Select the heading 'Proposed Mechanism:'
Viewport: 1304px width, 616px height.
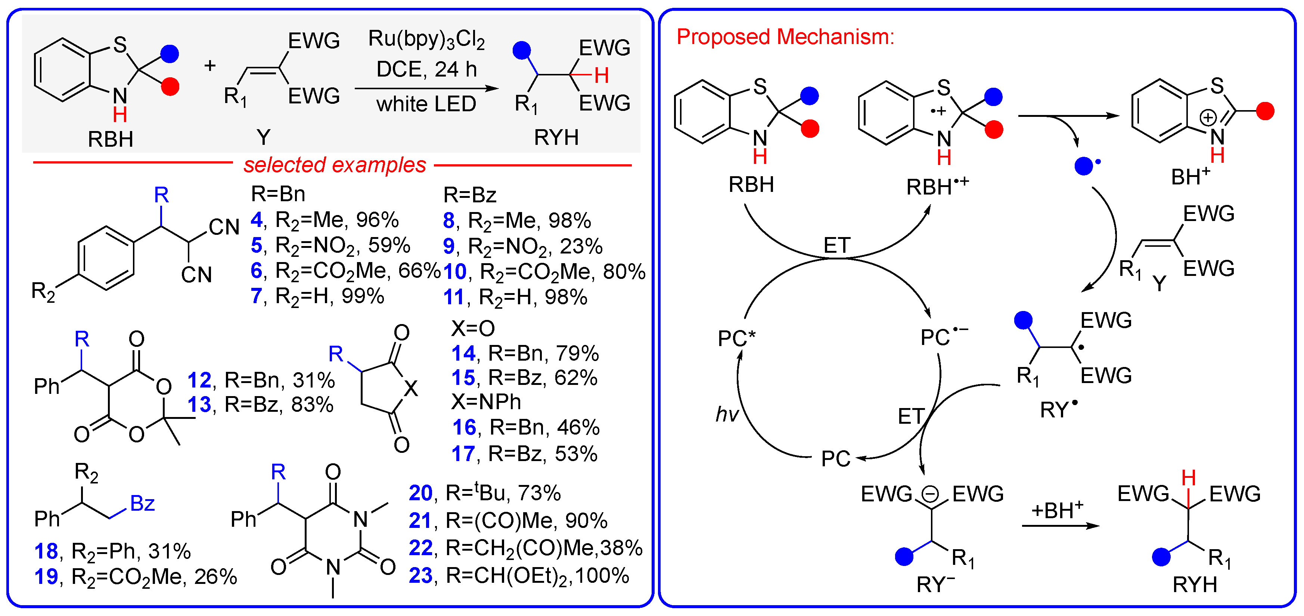point(785,37)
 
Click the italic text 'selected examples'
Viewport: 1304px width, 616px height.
point(335,165)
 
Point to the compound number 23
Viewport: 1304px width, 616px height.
point(420,576)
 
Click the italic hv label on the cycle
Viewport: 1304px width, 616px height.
point(727,414)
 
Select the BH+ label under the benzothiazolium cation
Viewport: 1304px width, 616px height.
point(1190,177)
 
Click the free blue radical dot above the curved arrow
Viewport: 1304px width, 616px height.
point(1083,166)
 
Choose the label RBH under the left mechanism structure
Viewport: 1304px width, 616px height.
point(751,185)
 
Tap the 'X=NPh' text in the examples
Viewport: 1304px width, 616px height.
point(486,402)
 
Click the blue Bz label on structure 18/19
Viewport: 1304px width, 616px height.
point(142,504)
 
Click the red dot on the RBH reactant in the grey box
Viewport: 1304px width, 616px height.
point(170,87)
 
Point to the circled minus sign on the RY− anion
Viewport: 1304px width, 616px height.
point(929,494)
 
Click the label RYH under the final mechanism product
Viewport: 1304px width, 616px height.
point(1195,585)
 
